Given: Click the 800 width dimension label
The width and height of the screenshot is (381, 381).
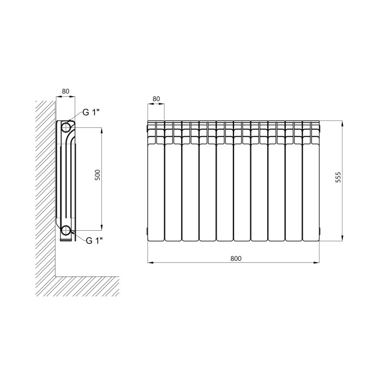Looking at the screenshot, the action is pos(236,259).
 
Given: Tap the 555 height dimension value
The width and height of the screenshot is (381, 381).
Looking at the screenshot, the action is pos(338,177).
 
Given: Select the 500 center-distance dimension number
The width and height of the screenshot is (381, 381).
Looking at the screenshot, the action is pos(97,175).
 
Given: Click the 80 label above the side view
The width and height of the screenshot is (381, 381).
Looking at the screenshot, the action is pos(66,91).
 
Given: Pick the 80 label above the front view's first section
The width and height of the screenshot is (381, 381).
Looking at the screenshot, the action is pos(156,99).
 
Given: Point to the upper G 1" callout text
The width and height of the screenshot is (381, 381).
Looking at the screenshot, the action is pos(91,112).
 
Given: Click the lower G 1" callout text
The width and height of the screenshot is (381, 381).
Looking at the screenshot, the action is pos(94,241).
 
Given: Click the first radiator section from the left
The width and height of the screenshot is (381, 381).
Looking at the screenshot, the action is pos(156,181).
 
